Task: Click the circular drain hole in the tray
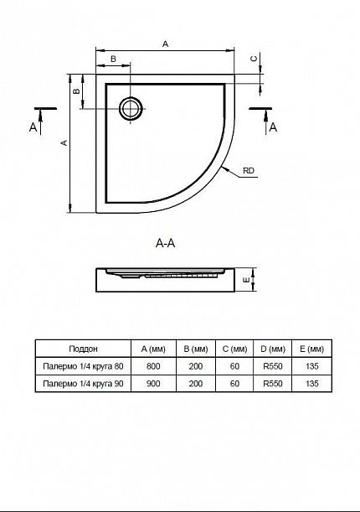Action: (131, 108)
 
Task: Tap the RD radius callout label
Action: (249, 171)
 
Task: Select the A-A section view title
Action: (165, 243)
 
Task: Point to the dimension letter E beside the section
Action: (247, 280)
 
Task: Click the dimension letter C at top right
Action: (254, 59)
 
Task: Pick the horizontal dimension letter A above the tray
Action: (165, 44)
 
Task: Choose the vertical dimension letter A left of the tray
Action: (64, 142)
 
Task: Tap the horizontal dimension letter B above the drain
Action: (113, 59)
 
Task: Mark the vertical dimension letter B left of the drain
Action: (76, 91)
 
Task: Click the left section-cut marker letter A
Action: (33, 127)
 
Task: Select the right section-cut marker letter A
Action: (273, 127)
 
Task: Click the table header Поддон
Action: (83, 349)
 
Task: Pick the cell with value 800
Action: (153, 366)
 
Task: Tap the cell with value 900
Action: (153, 383)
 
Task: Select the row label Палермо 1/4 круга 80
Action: (83, 366)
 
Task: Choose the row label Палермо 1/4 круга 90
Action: (83, 383)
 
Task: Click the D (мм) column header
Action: (273, 349)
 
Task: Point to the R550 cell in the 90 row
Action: (273, 383)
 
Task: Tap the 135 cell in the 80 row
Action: (312, 366)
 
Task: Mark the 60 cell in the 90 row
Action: (234, 383)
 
